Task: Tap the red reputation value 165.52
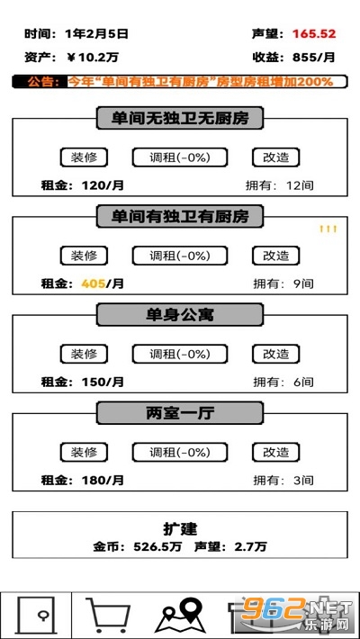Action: click(x=314, y=34)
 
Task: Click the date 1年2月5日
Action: click(x=96, y=34)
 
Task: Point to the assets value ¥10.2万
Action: click(x=93, y=58)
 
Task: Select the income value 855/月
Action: click(x=313, y=58)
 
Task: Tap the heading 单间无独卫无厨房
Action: click(x=180, y=118)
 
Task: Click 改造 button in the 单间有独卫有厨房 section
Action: click(x=275, y=256)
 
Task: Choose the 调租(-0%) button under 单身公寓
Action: click(x=179, y=354)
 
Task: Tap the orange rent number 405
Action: click(x=94, y=283)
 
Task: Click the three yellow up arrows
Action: click(x=328, y=229)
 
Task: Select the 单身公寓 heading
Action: click(x=180, y=315)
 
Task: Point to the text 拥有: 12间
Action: click(x=280, y=185)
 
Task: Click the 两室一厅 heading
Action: click(x=180, y=413)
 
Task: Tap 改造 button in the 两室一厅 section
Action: click(x=275, y=453)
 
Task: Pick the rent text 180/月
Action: click(x=103, y=480)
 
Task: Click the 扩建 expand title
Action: click(x=180, y=529)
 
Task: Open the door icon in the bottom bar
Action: click(x=35, y=616)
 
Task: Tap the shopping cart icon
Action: click(x=107, y=616)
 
